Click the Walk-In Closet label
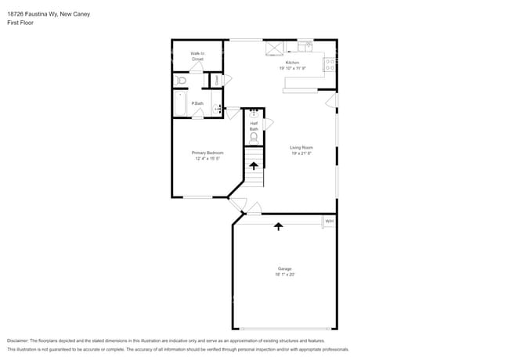(197, 56)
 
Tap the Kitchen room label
(292, 63)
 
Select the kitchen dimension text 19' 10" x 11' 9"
(292, 68)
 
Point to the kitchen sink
(305, 46)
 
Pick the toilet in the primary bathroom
(181, 81)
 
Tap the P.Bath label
(198, 103)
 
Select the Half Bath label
(254, 126)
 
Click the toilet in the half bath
(254, 139)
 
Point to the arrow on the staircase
(253, 164)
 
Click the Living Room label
(301, 148)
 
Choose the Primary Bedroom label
(208, 153)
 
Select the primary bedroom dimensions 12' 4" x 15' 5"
(208, 158)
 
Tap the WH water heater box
(329, 222)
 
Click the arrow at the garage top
(278, 226)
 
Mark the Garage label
(284, 268)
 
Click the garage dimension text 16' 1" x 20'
(284, 275)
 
